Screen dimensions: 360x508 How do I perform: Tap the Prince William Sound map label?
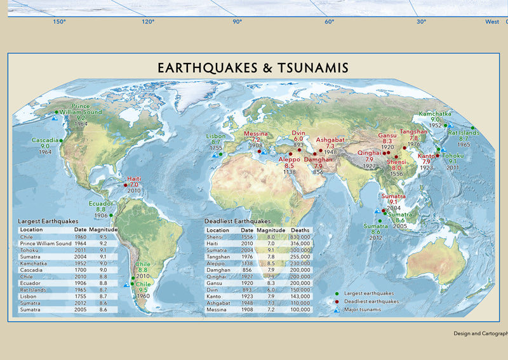(x=86, y=109)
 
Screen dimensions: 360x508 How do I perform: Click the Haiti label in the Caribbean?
(x=134, y=178)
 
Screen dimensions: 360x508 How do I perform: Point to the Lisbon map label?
(x=216, y=137)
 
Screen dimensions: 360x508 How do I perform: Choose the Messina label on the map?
(x=257, y=134)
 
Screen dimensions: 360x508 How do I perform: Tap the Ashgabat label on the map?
(x=330, y=139)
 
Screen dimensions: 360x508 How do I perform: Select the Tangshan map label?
(x=413, y=131)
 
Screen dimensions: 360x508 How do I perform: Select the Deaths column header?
(x=300, y=230)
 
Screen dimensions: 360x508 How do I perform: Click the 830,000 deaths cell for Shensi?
(x=300, y=236)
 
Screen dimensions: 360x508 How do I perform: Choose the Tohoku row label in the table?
(x=29, y=250)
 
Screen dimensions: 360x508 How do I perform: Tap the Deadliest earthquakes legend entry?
(x=371, y=302)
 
